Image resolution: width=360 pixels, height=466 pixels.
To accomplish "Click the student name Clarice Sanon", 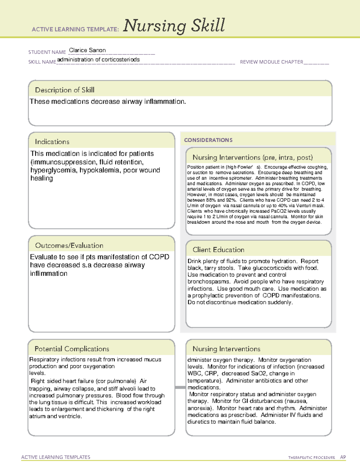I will [x=87, y=50].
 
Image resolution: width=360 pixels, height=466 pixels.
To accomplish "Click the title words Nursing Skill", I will [x=174, y=26].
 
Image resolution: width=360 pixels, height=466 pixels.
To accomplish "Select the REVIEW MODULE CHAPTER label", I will [x=271, y=62].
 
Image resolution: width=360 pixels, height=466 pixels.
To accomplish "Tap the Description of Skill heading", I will [x=64, y=90].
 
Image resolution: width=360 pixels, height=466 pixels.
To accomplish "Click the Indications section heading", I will [x=52, y=142].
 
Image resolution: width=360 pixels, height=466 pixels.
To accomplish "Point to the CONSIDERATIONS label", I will [x=208, y=140].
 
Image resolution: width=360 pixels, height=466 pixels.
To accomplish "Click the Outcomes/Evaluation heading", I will [x=69, y=245].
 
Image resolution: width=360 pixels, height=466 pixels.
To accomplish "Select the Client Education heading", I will [x=218, y=250].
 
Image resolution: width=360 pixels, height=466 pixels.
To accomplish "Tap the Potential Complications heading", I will [x=72, y=349].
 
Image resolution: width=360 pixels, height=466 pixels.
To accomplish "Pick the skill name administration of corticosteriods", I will [x=98, y=59].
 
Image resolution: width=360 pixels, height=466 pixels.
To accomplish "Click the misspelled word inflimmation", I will [x=49, y=273].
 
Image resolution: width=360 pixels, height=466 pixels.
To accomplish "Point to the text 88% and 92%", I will [x=221, y=200].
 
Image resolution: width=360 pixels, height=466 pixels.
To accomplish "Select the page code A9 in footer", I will [x=343, y=457].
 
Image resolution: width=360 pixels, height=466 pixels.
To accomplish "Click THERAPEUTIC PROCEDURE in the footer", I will [x=311, y=458].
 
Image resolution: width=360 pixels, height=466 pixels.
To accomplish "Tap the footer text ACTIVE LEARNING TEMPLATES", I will [x=55, y=457].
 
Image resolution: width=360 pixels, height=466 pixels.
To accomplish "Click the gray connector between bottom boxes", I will [x=180, y=387].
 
